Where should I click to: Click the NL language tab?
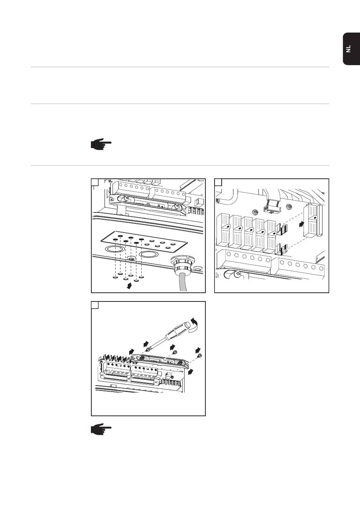(351, 49)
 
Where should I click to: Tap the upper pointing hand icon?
(101, 144)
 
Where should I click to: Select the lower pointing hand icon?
(101, 429)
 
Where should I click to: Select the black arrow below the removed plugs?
(129, 286)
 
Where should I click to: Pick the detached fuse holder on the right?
(313, 220)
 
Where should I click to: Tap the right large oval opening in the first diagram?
(148, 254)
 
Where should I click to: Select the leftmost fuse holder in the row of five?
(223, 230)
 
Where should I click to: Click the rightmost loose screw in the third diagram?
(200, 355)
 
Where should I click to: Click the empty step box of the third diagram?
(95, 305)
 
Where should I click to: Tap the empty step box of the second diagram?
(218, 182)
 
